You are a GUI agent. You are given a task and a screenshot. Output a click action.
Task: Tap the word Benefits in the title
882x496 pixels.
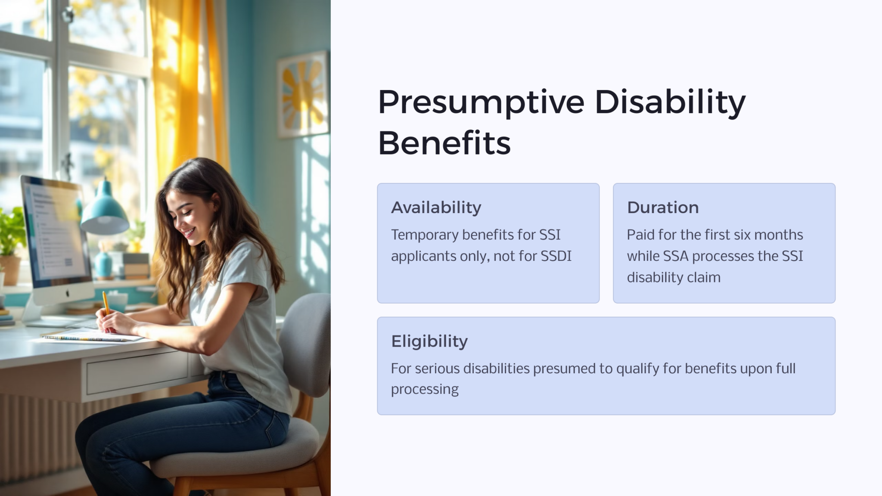click(444, 143)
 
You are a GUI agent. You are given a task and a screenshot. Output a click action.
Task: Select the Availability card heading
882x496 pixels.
click(436, 208)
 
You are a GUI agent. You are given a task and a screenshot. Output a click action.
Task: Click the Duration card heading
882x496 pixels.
click(662, 208)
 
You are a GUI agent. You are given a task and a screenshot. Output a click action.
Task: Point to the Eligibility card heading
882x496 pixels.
click(429, 341)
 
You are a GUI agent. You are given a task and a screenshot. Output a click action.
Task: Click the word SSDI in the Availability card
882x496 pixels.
click(556, 256)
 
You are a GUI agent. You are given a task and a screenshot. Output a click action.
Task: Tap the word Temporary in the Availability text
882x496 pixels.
click(425, 235)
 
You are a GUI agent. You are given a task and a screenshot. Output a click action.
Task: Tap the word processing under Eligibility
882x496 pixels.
click(425, 390)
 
